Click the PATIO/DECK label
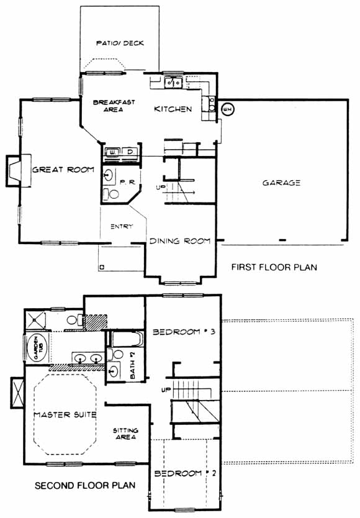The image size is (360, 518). tap(120, 43)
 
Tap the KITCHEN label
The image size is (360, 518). tap(173, 109)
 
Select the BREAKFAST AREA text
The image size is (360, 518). tap(114, 106)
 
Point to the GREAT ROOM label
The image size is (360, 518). tap(63, 170)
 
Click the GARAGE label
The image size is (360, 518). tap(281, 183)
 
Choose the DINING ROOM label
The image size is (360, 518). tap(180, 241)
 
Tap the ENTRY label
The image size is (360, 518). tap(122, 227)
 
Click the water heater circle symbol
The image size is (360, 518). tap(227, 109)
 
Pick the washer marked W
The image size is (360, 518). tap(113, 152)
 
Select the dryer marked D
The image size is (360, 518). tap(130, 152)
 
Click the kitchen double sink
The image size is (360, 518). tap(174, 82)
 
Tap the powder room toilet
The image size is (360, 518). tap(111, 194)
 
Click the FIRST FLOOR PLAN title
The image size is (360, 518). tap(274, 267)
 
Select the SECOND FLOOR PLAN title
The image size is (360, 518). tap(85, 485)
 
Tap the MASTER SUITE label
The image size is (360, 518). tap(65, 415)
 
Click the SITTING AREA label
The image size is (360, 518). tap(125, 434)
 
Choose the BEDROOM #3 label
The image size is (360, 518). tap(184, 332)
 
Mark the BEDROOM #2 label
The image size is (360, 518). tap(186, 473)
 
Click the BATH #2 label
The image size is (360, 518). tap(132, 365)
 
